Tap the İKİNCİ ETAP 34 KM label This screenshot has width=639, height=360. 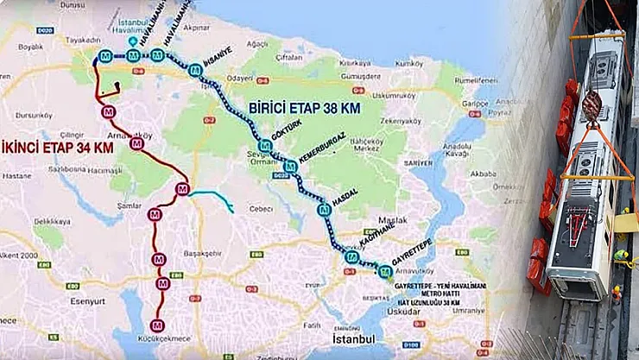pos(59,148)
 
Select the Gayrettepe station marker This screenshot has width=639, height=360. pos(385,272)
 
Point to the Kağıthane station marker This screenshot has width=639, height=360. pos(351,256)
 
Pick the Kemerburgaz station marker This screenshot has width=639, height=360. pos(291,166)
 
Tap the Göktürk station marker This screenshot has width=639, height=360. pos(265,147)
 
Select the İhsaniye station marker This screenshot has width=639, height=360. pos(196,71)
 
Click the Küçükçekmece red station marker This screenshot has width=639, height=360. pos(156,325)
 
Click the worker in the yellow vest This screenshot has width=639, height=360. pos(620,256)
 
